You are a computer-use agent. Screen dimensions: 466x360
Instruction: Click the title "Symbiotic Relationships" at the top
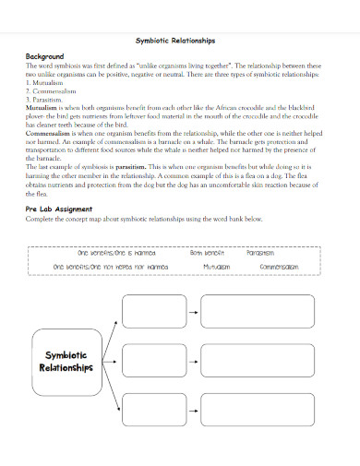pos(175,41)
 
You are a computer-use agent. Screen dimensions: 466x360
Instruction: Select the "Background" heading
pos(45,56)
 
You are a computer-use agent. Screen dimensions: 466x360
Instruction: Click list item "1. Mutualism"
pos(47,82)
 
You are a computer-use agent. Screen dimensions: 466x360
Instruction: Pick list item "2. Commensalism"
pos(53,90)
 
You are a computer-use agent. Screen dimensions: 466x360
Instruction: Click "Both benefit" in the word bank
pos(208,252)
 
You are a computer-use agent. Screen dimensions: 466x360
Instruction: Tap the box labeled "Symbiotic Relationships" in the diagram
pos(66,360)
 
